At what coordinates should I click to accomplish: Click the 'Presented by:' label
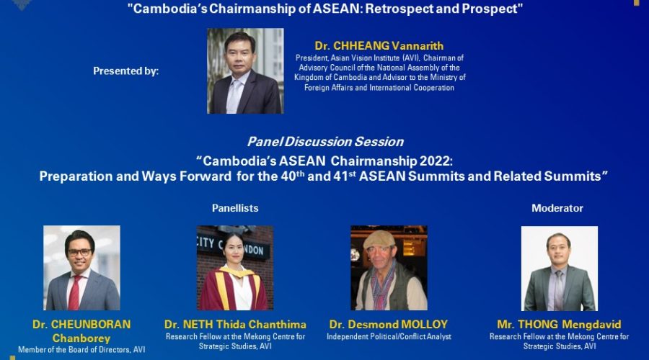(x=125, y=71)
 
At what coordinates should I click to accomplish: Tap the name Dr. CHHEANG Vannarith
(x=379, y=45)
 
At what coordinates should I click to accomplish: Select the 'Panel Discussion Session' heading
(x=325, y=142)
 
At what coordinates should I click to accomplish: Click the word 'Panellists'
(x=235, y=208)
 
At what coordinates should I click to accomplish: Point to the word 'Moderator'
(x=557, y=208)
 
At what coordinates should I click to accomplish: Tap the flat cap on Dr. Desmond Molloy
(x=379, y=239)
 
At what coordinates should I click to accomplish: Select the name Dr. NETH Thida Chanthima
(x=235, y=325)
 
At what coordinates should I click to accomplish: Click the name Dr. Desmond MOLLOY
(x=389, y=325)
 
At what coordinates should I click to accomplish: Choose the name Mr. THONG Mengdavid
(x=559, y=325)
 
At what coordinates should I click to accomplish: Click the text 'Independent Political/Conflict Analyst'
(x=389, y=337)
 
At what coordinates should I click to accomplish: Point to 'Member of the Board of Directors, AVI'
(x=81, y=350)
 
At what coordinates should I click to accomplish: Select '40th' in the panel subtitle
(x=293, y=175)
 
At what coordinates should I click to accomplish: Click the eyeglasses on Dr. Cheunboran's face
(x=79, y=252)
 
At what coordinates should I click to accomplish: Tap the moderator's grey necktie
(x=558, y=290)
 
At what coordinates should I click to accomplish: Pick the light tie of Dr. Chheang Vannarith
(x=234, y=96)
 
